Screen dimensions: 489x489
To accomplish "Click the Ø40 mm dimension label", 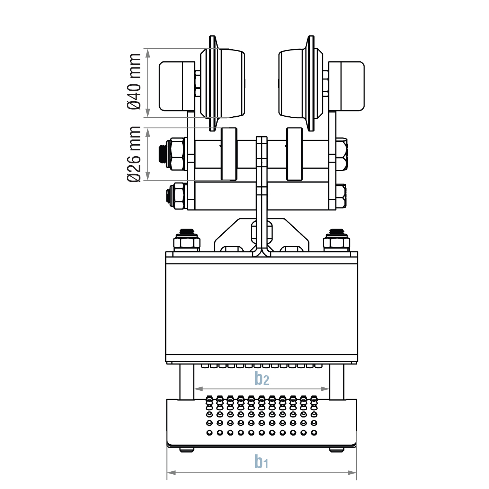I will click(x=134, y=82).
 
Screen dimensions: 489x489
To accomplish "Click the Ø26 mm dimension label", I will click(x=134, y=154).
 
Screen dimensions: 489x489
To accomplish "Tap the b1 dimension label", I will click(x=261, y=461).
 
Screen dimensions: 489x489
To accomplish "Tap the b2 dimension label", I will click(x=262, y=378).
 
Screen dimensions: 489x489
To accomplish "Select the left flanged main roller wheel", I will click(x=222, y=82).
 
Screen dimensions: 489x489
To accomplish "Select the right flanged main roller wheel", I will click(x=301, y=82).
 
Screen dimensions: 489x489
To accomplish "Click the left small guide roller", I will click(x=229, y=154).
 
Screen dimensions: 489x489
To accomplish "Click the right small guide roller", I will click(x=294, y=154).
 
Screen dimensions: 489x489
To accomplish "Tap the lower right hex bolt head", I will click(x=341, y=196).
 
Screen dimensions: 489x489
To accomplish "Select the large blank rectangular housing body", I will click(x=262, y=309).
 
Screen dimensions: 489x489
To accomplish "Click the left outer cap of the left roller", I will click(x=171, y=86).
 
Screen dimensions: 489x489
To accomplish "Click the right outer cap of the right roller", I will click(x=352, y=86).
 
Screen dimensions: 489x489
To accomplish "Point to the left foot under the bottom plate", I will click(x=186, y=449).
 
